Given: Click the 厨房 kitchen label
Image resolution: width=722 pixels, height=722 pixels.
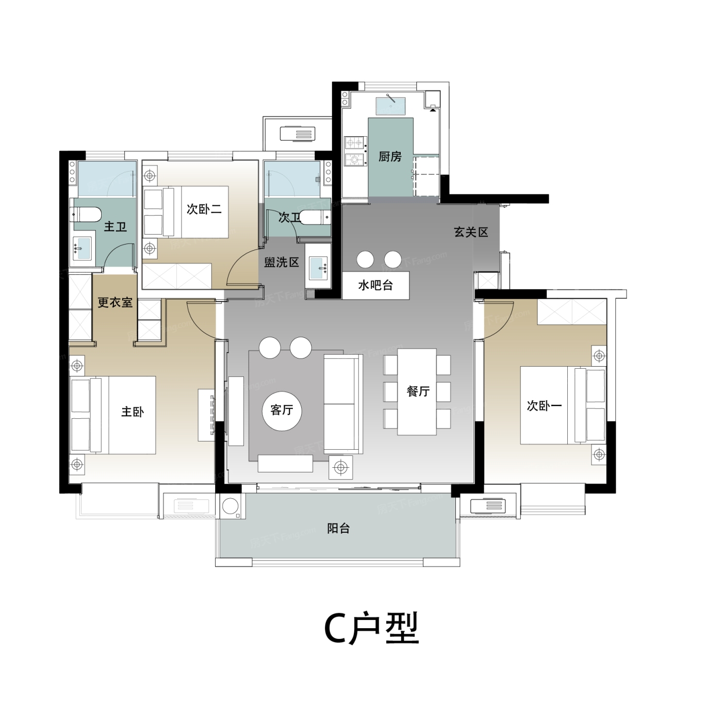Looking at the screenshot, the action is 390,157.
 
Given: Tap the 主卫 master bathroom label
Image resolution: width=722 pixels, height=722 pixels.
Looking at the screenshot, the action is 115,227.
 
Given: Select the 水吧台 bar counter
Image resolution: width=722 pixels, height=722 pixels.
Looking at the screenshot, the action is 375,286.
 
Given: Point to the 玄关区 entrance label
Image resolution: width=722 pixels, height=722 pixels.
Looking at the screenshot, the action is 471,232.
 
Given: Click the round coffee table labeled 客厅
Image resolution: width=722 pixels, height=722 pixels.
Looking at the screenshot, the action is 282,409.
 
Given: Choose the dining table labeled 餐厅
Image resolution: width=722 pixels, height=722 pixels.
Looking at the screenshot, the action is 417,392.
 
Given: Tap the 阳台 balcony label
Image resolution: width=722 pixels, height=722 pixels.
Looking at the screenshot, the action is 338,528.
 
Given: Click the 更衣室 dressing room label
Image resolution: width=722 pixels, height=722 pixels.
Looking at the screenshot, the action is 115,302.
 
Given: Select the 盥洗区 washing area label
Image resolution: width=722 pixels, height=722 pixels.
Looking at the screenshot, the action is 282,262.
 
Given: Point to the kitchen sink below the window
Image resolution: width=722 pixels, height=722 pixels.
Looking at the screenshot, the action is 391,107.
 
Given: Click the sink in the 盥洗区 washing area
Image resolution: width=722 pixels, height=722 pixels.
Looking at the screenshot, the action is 318,268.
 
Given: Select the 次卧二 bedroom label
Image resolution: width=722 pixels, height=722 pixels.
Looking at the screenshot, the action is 204,209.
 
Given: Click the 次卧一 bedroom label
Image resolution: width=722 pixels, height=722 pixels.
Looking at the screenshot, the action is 544,405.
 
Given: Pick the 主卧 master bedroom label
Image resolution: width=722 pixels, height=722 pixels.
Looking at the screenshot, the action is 132,412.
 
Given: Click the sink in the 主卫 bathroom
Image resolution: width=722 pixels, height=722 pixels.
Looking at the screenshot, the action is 83,248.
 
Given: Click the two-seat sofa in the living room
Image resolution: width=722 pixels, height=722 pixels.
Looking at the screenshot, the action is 343,404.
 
